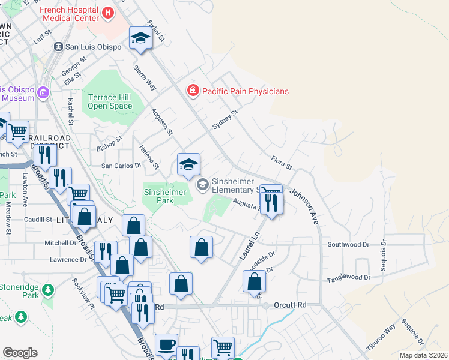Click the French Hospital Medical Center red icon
pyautogui.click(x=107, y=13)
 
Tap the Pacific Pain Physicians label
pyautogui.click(x=245, y=91)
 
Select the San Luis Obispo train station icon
pyautogui.click(x=59, y=47)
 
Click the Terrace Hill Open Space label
pyautogui.click(x=110, y=101)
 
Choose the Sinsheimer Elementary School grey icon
pyautogui.click(x=203, y=185)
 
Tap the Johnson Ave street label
pyautogui.click(x=304, y=207)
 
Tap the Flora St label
pyautogui.click(x=281, y=161)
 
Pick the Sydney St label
pyautogui.click(x=226, y=119)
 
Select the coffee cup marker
pyautogui.click(x=166, y=345)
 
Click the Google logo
pyautogui.click(x=20, y=353)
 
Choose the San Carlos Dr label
pyautogui.click(x=120, y=165)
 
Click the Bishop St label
pyautogui.click(x=109, y=143)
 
